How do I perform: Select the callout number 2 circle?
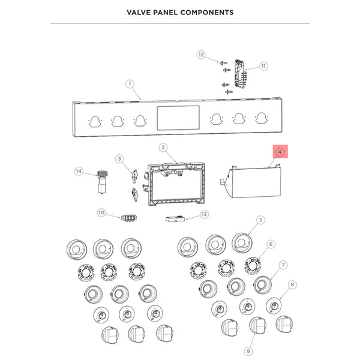pos(163,147)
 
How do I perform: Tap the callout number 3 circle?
pos(120,159)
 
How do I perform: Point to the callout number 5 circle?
pos(261,221)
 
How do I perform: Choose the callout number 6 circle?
pos(271,244)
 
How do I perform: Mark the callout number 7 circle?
pos(283,265)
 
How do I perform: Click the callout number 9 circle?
pos(248,350)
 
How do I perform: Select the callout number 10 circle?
pos(101,212)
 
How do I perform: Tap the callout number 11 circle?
pos(263,66)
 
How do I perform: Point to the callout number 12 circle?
pos(202,55)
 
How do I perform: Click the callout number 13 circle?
pos(204,214)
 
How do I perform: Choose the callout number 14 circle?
pos(78,172)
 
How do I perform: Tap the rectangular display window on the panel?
pos(178,118)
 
